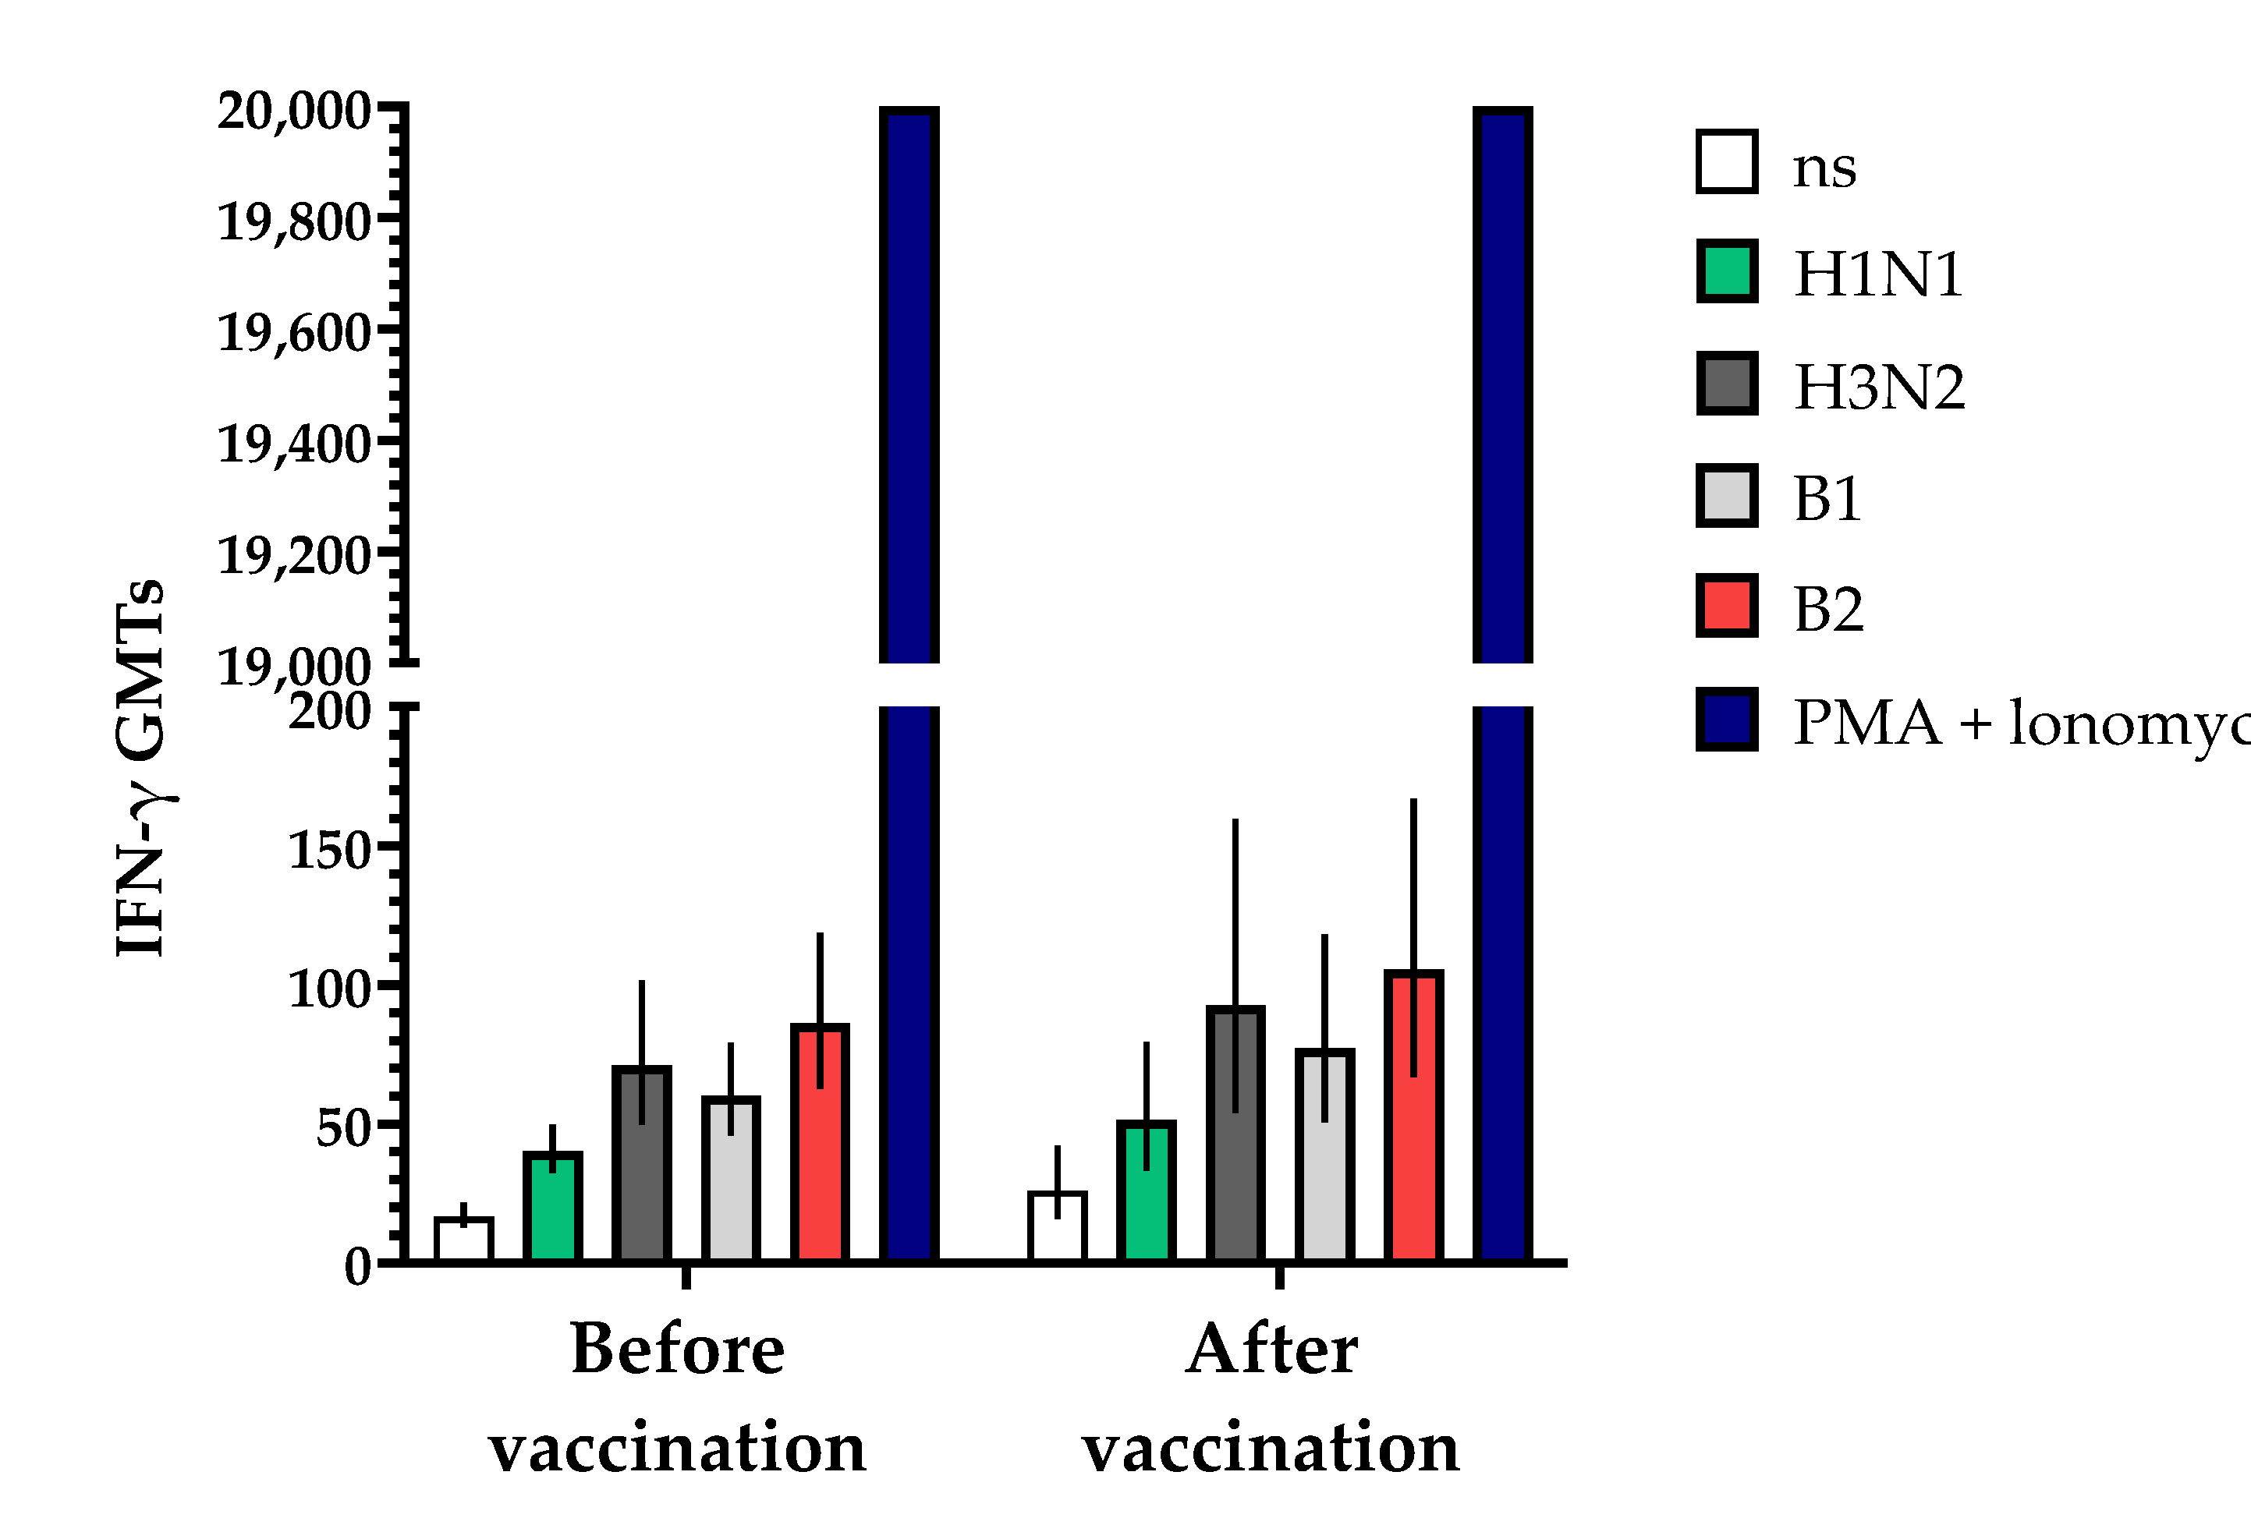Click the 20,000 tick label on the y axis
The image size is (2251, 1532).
293,111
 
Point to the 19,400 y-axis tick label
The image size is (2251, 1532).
293,445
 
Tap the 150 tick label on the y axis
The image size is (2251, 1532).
329,851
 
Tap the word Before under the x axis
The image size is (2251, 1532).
677,1350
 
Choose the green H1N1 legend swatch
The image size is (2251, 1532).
1727,271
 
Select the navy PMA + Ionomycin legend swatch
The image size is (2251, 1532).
1727,720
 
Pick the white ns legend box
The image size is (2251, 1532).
1727,161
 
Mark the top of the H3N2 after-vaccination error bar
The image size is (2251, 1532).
1235,821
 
